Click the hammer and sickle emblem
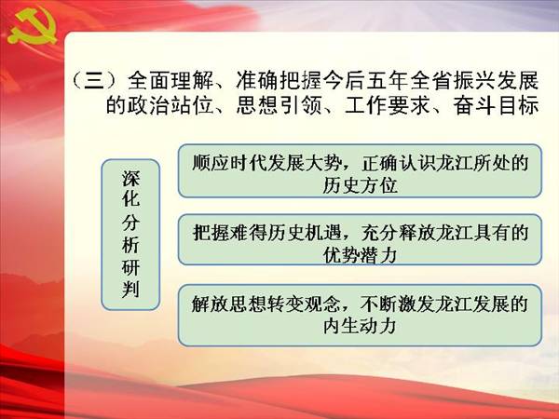pos(32,27)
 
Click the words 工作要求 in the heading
pos(388,105)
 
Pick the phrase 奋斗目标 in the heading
pos(496,105)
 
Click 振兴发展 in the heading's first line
pos(496,80)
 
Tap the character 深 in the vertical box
pos(130,178)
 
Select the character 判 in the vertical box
pos(130,290)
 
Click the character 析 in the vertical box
pos(130,245)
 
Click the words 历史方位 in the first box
pos(360,185)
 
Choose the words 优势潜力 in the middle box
pos(360,255)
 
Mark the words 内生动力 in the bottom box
pos(360,327)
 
